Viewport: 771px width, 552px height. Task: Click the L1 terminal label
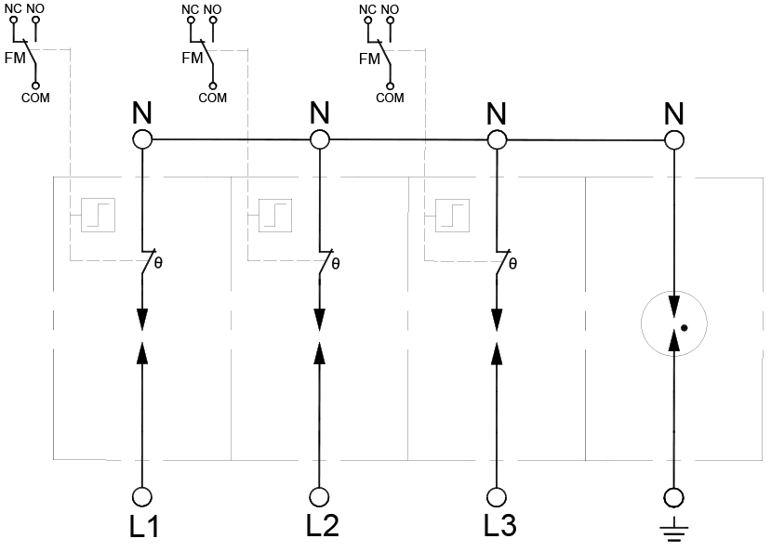144,527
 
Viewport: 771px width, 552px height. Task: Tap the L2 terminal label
322,525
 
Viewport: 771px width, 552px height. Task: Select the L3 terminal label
499,525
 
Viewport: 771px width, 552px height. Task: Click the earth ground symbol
673,530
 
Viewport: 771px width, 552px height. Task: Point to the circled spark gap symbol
674,323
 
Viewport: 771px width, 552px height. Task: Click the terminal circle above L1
142,497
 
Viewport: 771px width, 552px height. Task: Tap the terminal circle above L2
319,497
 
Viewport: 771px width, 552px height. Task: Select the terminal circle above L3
497,497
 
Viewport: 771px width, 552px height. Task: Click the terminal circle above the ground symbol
673,497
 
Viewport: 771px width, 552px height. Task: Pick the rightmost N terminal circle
674,140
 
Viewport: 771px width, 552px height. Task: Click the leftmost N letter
142,113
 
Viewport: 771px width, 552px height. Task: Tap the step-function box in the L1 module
98,215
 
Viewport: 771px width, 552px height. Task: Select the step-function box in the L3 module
452,215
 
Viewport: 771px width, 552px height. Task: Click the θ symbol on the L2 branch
336,264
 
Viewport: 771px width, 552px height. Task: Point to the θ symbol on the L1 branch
158,263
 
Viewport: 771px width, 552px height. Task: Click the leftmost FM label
15,58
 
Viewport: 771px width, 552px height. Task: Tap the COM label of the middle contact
212,98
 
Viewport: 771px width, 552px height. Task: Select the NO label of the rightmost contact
390,9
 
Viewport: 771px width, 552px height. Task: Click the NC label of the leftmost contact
13,9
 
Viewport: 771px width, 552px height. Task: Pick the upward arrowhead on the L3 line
497,353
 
